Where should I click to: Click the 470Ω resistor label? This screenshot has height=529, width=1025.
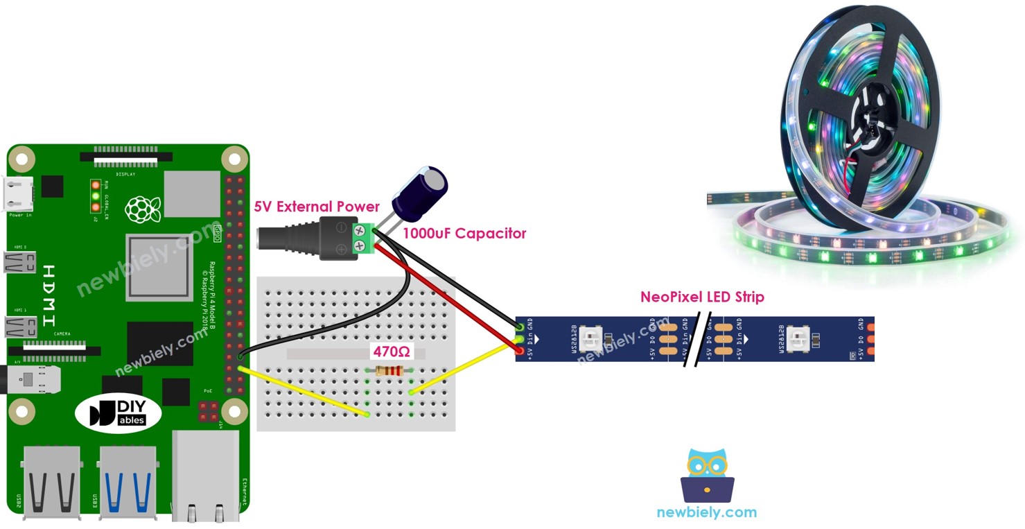coord(392,352)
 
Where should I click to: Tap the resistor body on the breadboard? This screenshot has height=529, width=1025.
coord(389,372)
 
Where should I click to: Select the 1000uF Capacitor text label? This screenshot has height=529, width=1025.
coord(464,234)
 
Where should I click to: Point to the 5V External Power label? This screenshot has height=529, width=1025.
coord(317,207)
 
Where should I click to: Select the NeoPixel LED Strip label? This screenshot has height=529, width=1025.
coord(702,297)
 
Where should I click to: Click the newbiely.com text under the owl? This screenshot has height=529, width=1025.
coord(707,513)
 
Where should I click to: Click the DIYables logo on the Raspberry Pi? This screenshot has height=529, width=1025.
coord(119,413)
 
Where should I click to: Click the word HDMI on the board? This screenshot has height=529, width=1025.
coord(49,295)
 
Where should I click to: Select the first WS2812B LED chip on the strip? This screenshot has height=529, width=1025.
coord(592,339)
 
